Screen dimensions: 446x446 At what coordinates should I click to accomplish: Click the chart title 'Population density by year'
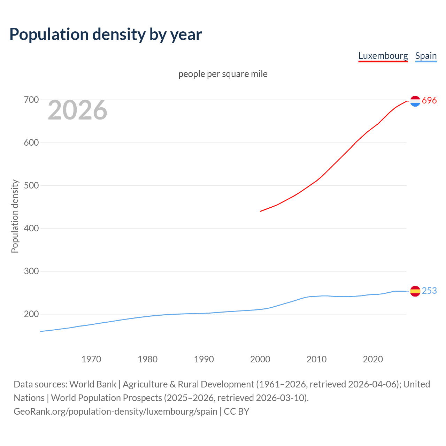click(106, 34)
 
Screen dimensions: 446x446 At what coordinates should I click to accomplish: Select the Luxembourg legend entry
click(383, 56)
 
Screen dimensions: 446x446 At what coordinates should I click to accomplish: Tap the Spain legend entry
click(426, 56)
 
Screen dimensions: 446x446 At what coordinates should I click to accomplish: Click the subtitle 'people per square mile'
click(223, 74)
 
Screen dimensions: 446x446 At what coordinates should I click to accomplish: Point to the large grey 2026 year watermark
click(77, 110)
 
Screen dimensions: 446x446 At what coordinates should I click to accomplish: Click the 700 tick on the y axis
click(31, 100)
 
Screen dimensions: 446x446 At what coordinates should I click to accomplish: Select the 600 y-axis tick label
click(31, 143)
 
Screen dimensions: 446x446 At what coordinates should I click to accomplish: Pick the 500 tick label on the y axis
click(31, 186)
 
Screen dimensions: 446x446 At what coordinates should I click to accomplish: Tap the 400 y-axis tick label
click(31, 229)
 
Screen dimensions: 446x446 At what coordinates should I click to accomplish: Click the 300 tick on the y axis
click(31, 271)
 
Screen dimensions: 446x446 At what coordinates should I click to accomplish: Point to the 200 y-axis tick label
click(31, 314)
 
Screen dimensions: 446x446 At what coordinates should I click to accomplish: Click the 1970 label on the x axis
click(91, 359)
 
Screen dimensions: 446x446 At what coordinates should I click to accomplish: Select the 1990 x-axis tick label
click(204, 359)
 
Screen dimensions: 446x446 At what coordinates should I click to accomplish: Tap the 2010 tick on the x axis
click(316, 359)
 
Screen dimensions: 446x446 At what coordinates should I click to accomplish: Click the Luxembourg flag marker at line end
click(415, 101)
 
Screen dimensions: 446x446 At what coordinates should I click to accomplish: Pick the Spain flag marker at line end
click(415, 291)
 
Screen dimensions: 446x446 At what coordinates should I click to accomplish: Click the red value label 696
click(429, 101)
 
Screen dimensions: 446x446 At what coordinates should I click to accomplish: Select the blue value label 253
click(429, 291)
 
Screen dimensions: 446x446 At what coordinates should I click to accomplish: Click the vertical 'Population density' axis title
click(15, 216)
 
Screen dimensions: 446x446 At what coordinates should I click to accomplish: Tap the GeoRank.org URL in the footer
click(115, 412)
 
